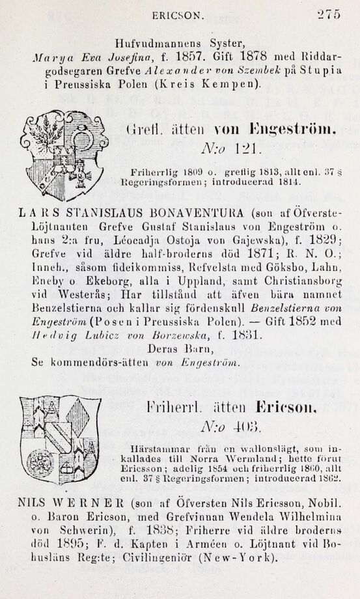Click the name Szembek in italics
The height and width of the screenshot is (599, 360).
[x=260, y=70]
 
